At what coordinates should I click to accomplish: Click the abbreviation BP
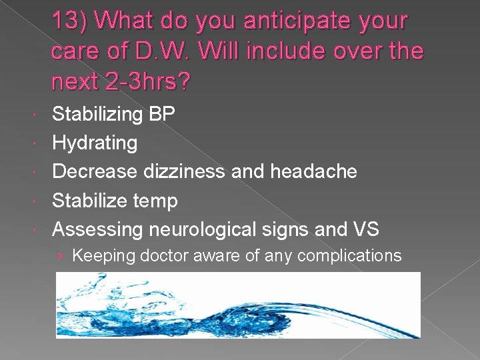[162, 114]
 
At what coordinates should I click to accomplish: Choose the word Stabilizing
[97, 114]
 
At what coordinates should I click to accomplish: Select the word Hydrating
[95, 143]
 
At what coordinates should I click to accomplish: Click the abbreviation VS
[363, 229]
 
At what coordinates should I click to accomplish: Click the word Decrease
[96, 171]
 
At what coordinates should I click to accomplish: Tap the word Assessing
[97, 229]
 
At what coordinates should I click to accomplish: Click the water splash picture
[238, 305]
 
